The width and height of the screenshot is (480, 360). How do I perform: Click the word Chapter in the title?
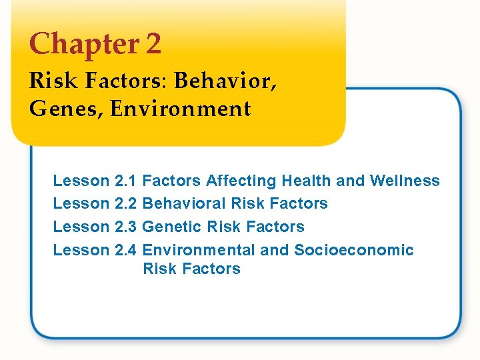(83, 45)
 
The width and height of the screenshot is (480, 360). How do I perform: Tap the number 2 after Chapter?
(153, 45)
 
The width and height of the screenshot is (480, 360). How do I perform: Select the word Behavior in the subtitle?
(225, 83)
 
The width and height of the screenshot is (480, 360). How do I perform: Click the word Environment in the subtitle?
(181, 108)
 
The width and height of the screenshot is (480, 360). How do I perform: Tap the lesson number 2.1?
(125, 181)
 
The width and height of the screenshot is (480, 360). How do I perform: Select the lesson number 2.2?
(125, 203)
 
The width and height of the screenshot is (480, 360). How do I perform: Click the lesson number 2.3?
(125, 227)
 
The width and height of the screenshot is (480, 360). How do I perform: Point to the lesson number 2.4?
(125, 250)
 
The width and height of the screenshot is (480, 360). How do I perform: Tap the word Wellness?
(405, 181)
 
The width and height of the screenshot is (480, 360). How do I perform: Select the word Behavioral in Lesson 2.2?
(183, 203)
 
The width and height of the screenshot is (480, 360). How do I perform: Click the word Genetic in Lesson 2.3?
(172, 227)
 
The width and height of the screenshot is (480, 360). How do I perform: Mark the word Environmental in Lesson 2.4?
(199, 250)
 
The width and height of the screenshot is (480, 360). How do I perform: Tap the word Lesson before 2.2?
(81, 203)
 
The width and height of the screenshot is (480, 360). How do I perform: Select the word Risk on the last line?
(158, 269)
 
